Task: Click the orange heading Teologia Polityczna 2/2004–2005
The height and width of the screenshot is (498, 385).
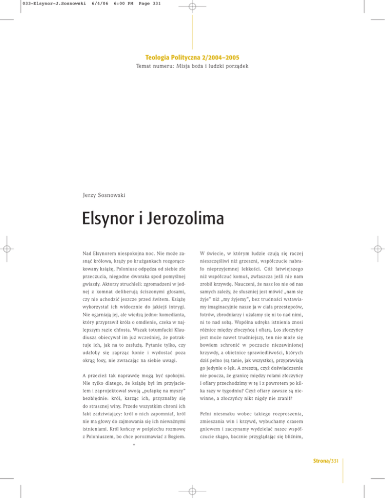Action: click(x=192, y=58)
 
